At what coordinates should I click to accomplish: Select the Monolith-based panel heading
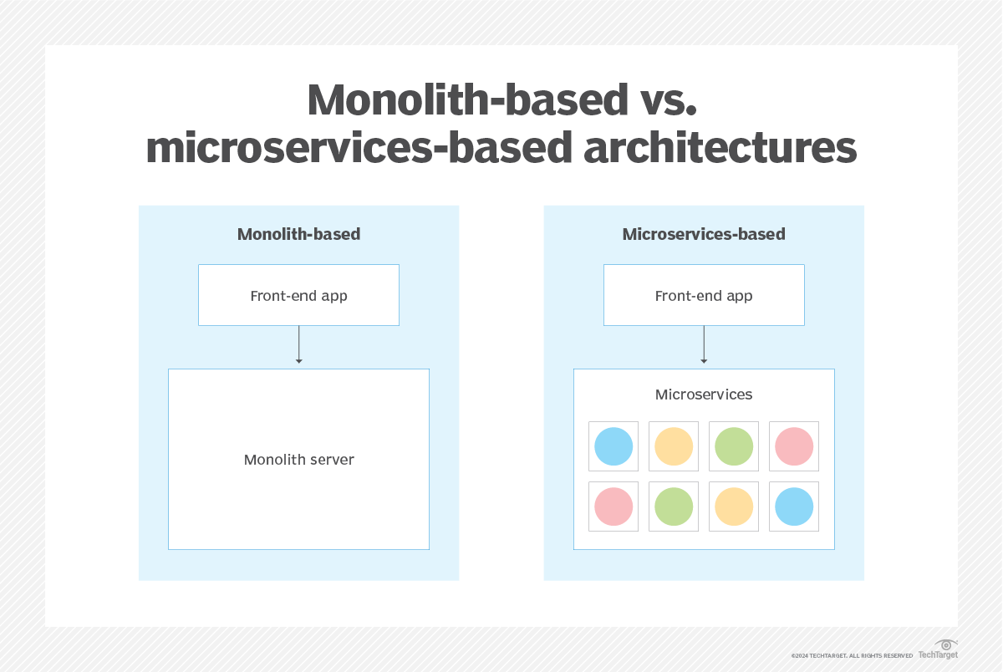pyautogui.click(x=298, y=234)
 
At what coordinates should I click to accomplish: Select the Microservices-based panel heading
pyautogui.click(x=704, y=234)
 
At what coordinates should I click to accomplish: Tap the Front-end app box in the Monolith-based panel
pyautogui.click(x=298, y=295)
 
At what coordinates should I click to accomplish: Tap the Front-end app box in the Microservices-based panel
pyautogui.click(x=704, y=295)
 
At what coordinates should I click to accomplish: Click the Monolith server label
pyautogui.click(x=298, y=460)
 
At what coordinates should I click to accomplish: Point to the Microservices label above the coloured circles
pyautogui.click(x=704, y=395)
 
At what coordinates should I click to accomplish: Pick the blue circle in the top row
pyautogui.click(x=614, y=446)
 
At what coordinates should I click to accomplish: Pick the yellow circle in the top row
pyautogui.click(x=674, y=446)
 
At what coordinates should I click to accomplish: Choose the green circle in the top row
pyautogui.click(x=734, y=446)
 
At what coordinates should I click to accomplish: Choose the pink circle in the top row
pyautogui.click(x=794, y=446)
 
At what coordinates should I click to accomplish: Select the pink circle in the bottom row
pyautogui.click(x=614, y=507)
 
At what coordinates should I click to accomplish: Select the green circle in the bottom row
pyautogui.click(x=674, y=507)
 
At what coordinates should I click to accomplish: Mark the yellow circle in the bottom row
pyautogui.click(x=734, y=507)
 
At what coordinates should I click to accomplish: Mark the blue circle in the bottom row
pyautogui.click(x=794, y=507)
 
